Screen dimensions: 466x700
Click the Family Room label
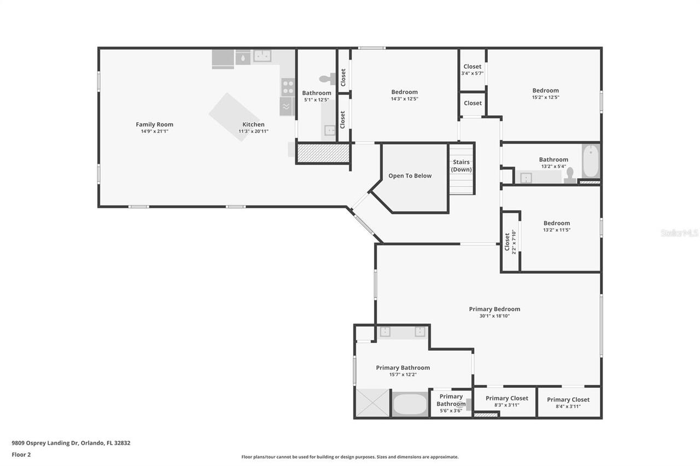pos(154,125)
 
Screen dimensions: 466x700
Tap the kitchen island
pos(234,116)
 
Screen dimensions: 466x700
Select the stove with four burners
pos(288,87)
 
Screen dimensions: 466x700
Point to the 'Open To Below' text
pos(410,176)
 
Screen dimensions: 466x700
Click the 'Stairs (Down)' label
pos(461,166)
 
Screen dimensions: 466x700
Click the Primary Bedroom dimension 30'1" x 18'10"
pos(494,316)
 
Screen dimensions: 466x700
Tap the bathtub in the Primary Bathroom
pos(410,404)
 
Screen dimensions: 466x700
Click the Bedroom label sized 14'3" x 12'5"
pos(404,92)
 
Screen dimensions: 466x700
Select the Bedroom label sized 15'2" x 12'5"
pos(546,91)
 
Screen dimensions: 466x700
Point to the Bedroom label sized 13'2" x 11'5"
pos(557,223)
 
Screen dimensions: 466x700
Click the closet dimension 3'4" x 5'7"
pos(472,73)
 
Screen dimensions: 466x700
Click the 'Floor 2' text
pos(21,454)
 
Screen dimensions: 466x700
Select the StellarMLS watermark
pos(679,233)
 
